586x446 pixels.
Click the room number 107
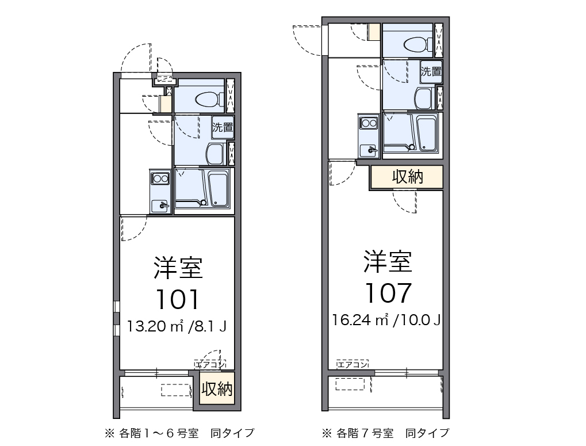pos(388,292)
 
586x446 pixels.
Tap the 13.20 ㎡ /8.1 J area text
pos(177,327)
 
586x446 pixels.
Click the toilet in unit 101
pos(209,100)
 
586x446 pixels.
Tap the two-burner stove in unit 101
pos(160,179)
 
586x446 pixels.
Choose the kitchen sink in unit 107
pos(368,150)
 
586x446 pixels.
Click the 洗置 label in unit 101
pos(223,128)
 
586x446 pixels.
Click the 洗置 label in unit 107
pos(431,72)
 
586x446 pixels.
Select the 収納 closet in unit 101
pos(217,390)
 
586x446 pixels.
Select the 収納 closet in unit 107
pos(407,177)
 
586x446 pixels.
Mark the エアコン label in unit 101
pos(210,364)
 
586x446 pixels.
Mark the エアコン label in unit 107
pos(352,364)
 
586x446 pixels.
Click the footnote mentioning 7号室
pos(385,432)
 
